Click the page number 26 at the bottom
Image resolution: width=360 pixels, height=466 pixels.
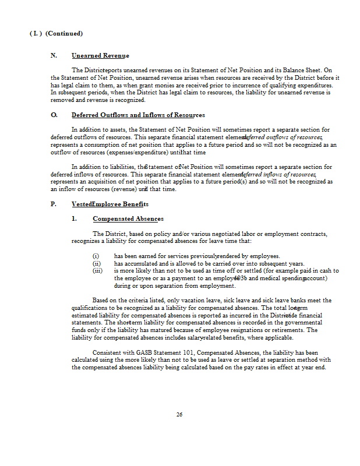(x=179, y=415)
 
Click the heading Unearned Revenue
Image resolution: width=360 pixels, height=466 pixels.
(x=100, y=55)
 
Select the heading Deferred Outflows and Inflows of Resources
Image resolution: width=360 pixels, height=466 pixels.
(x=138, y=115)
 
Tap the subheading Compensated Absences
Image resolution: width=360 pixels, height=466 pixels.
(x=128, y=219)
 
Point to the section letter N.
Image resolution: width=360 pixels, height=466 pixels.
(x=53, y=55)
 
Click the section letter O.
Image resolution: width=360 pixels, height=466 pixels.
(x=53, y=115)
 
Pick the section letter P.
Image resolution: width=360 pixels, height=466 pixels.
(x=53, y=204)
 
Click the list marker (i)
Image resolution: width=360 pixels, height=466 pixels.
(x=96, y=256)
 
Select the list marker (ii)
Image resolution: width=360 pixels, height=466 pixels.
(x=97, y=263)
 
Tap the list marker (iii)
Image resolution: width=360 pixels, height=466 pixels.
(x=98, y=270)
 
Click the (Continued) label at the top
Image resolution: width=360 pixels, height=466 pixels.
(x=63, y=33)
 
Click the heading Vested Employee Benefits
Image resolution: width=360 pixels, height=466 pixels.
(x=110, y=204)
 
